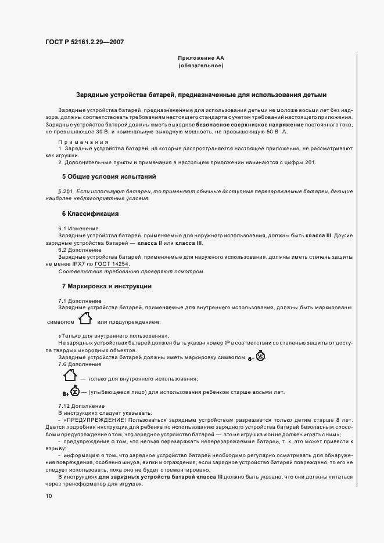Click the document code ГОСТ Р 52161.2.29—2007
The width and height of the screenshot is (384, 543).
(84, 42)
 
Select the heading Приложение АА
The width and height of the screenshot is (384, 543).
(200, 59)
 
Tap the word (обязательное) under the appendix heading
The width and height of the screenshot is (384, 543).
(200, 66)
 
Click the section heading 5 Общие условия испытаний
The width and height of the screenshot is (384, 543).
(109, 176)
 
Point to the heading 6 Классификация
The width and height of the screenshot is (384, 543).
(90, 213)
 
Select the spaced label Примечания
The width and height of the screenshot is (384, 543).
(84, 142)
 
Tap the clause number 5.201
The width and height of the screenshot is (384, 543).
(65, 191)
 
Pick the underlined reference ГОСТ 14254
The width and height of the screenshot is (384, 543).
(113, 264)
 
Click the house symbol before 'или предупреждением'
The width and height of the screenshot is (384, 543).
(85, 318)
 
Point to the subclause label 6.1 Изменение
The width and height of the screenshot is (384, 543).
(78, 229)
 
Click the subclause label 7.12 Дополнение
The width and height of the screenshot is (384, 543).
(81, 406)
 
